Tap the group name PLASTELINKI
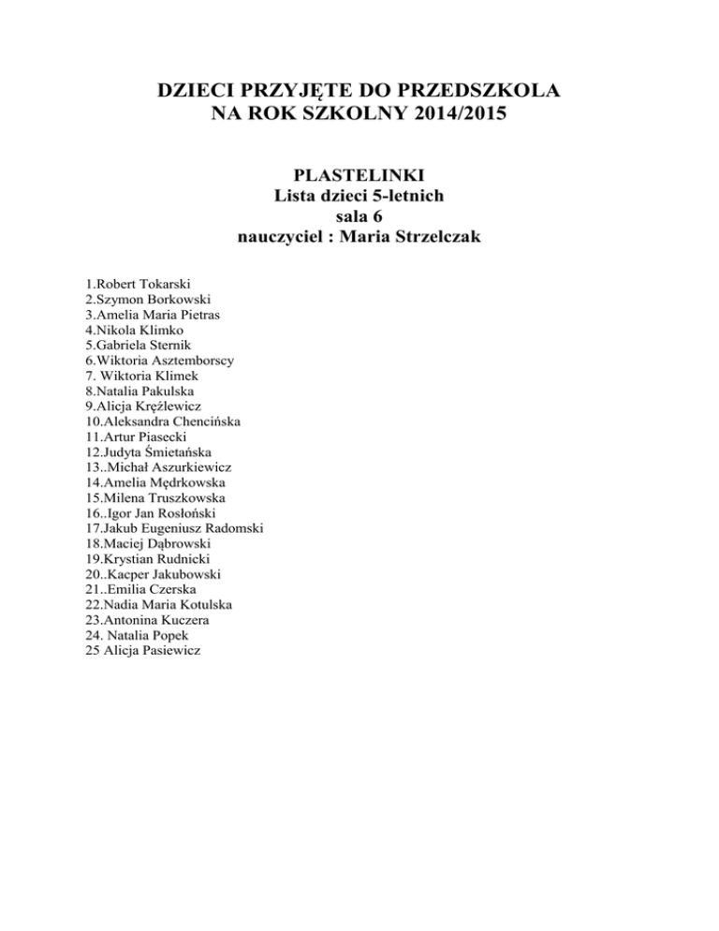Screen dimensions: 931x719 click(x=359, y=176)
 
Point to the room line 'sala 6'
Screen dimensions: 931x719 click(x=359, y=216)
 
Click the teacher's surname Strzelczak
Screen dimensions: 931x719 click(x=440, y=237)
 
